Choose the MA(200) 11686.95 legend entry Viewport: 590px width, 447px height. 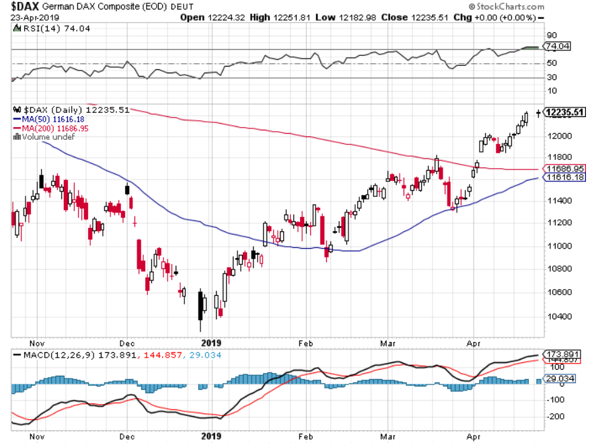tap(54, 128)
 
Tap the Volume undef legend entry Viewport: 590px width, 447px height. tap(44, 136)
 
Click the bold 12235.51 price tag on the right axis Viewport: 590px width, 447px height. tap(564, 113)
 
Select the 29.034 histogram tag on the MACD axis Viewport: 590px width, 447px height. tap(560, 379)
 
